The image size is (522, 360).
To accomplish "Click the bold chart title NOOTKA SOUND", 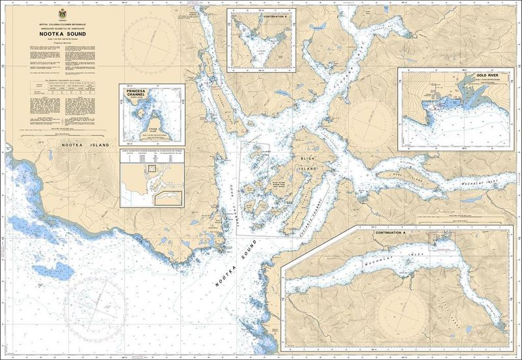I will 62,37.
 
